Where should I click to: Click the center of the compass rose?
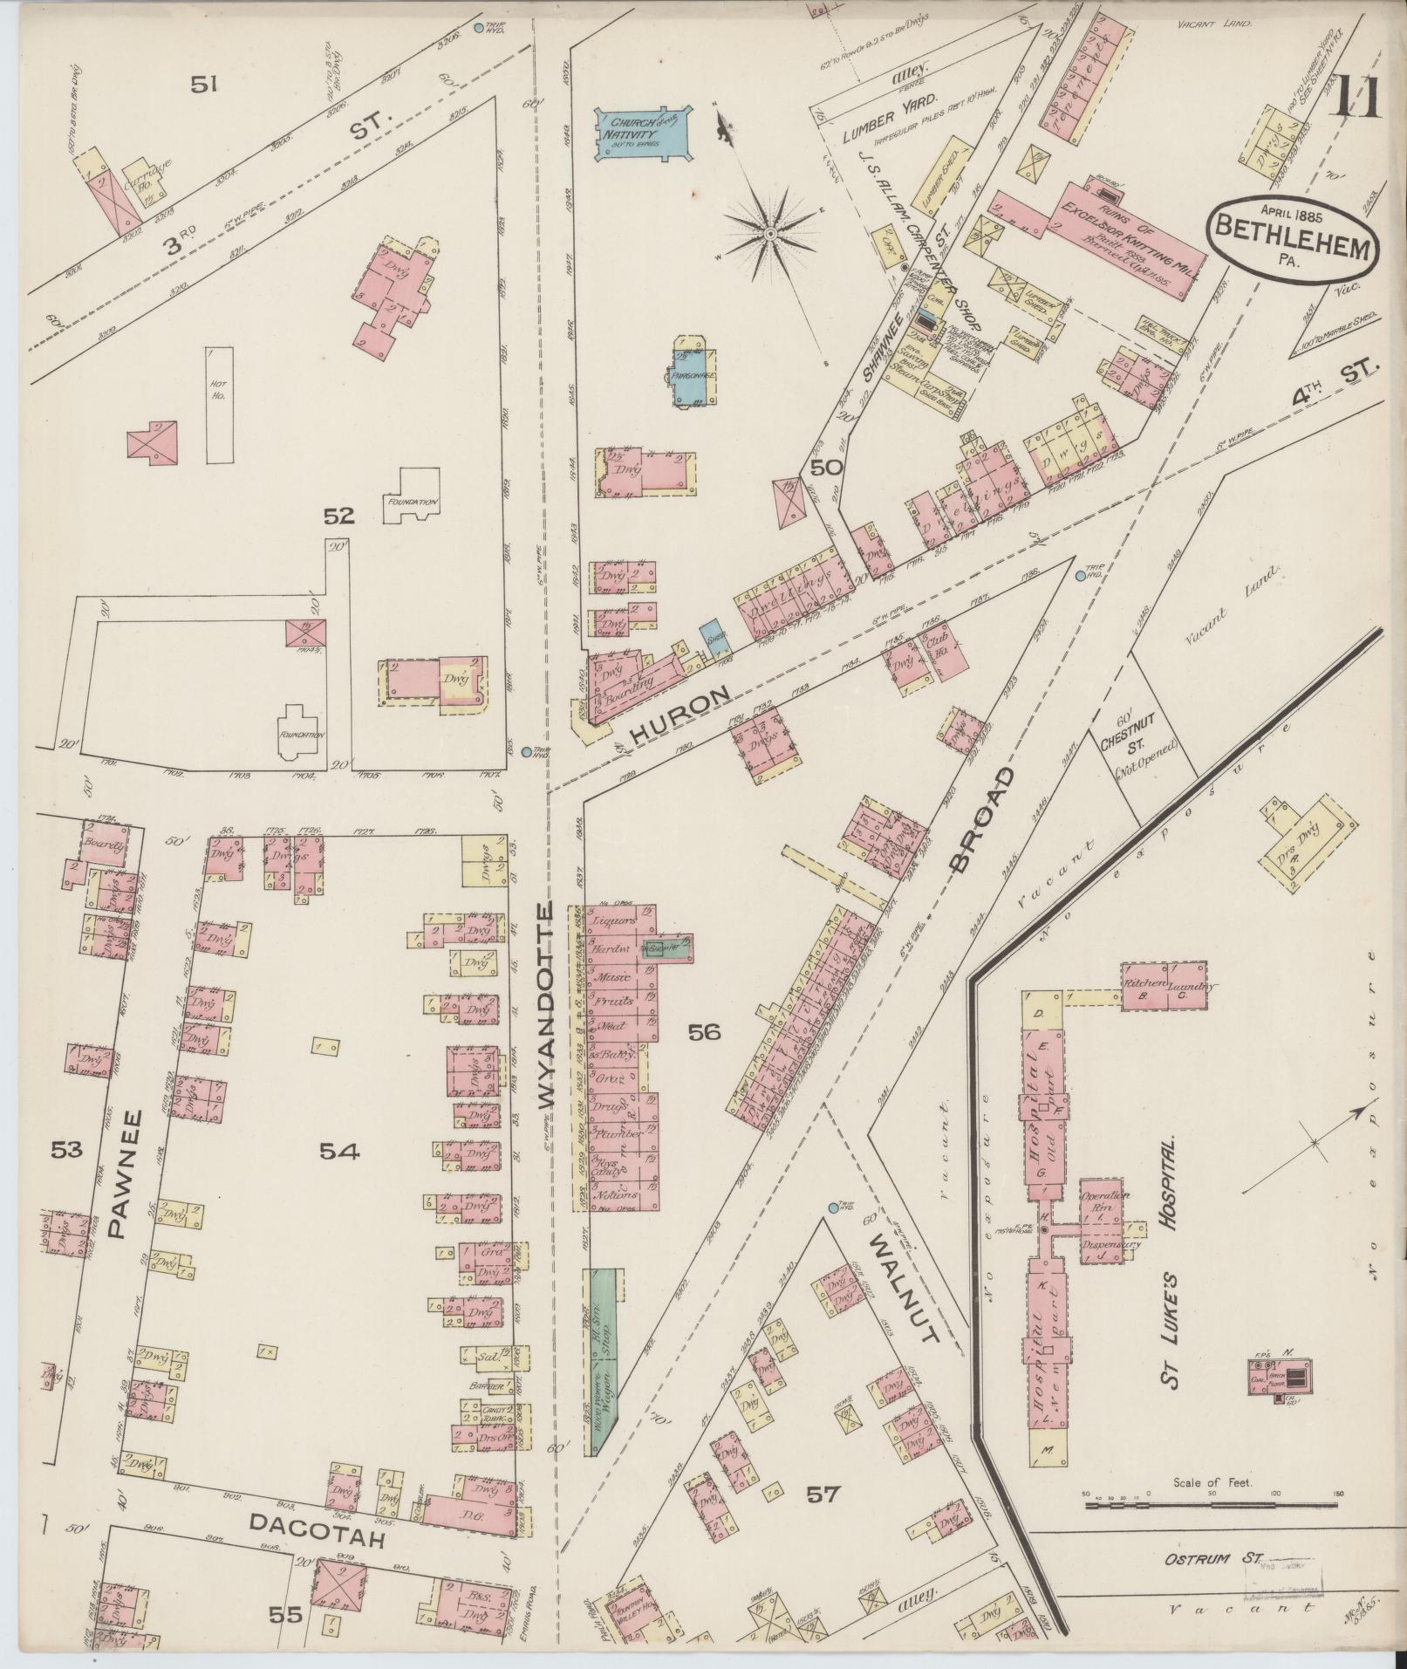point(771,235)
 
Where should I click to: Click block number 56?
point(704,1033)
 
